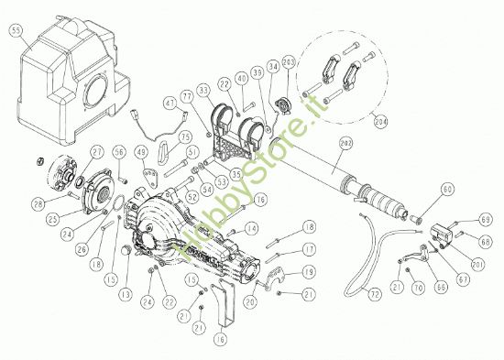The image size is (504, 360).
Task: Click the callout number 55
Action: [x=15, y=30]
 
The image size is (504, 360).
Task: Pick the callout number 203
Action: [x=289, y=62]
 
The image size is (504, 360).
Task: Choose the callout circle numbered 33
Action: [x=203, y=88]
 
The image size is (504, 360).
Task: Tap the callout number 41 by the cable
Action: [x=168, y=104]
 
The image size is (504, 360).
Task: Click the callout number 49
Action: [x=141, y=151]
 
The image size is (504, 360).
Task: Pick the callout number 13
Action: [x=124, y=294]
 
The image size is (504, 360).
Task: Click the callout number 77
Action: [x=185, y=94]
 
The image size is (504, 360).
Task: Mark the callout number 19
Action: [x=309, y=272]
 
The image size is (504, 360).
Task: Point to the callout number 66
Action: [x=444, y=287]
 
